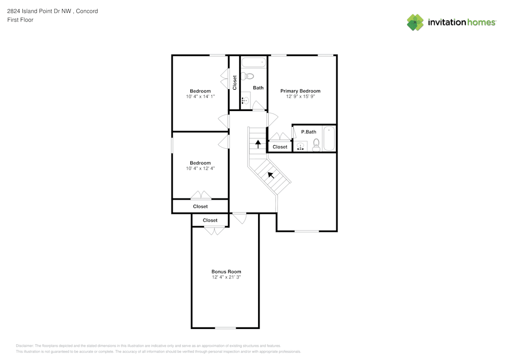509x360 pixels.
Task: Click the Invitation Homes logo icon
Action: point(415,22)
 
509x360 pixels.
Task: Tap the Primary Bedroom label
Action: point(300,91)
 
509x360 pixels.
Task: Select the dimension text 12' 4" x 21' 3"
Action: point(226,278)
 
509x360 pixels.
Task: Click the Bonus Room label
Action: point(226,271)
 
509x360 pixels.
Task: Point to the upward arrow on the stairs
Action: point(258,144)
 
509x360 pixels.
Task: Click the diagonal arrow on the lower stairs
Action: point(271,176)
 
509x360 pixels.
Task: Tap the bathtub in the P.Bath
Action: point(329,138)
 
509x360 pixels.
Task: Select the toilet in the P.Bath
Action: point(316,145)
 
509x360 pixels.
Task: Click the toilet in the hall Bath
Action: point(248,76)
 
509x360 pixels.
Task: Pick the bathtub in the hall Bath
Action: point(253,63)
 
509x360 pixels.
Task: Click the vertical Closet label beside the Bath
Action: point(235,82)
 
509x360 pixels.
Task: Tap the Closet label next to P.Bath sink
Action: point(280,147)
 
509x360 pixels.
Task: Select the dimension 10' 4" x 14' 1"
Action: point(200,97)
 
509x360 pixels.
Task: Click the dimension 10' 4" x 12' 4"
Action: point(200,169)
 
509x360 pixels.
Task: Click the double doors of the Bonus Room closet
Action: point(214,231)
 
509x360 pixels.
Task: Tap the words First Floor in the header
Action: point(20,20)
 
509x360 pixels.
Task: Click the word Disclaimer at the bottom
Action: point(24,345)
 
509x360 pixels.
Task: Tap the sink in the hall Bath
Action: point(245,100)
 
